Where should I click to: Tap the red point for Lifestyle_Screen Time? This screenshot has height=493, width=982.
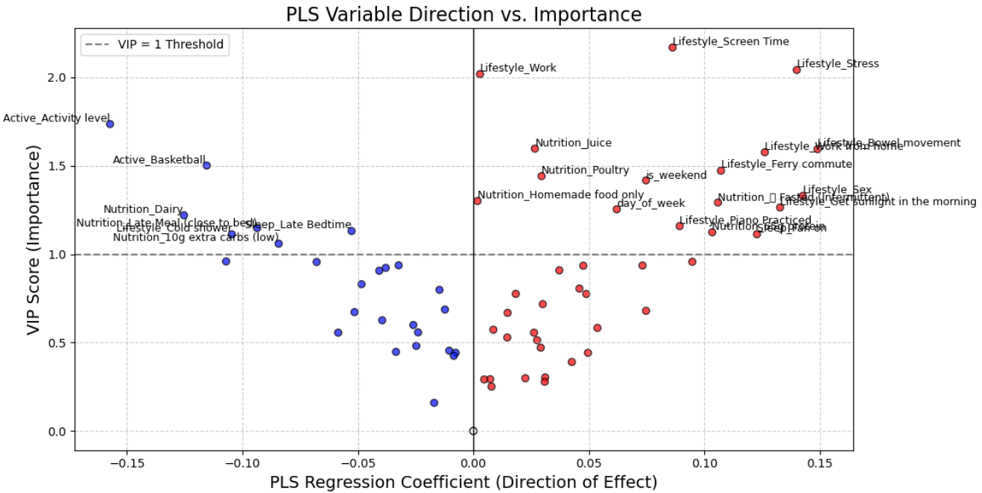[672, 47]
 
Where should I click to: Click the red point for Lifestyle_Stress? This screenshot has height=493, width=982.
[796, 69]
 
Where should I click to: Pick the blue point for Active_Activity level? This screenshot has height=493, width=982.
[110, 124]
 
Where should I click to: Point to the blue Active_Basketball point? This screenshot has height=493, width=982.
[206, 165]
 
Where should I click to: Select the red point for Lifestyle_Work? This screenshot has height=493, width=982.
[480, 74]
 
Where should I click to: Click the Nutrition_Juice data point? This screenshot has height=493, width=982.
[534, 148]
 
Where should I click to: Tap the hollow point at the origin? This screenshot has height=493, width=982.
[473, 431]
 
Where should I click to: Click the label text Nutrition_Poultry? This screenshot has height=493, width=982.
[585, 171]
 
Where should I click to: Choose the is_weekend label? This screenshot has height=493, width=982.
[676, 176]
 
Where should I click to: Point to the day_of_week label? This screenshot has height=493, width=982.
[650, 203]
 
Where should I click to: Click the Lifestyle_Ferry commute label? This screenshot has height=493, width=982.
[786, 164]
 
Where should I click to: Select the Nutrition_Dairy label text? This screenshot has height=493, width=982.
[143, 209]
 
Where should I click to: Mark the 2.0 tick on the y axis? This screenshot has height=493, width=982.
[58, 78]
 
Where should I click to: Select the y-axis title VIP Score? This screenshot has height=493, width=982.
[33, 241]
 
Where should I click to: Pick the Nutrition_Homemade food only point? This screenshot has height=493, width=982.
[477, 201]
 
